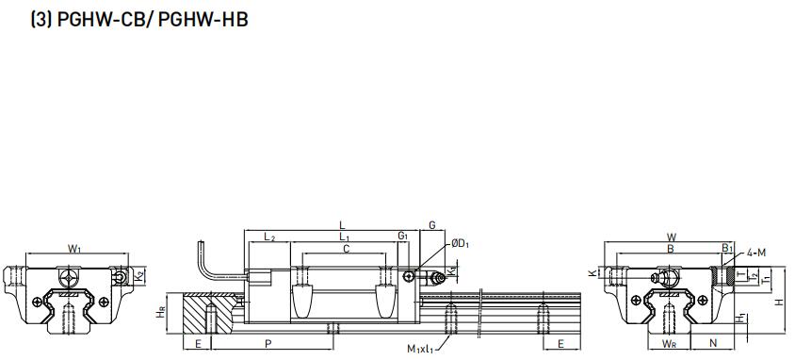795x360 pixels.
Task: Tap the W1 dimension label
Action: click(x=75, y=248)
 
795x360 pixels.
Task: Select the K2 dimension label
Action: click(x=140, y=276)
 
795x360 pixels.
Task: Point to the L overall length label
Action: click(x=342, y=224)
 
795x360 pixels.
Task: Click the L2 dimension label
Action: click(x=269, y=237)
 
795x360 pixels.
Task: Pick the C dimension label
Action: click(x=347, y=249)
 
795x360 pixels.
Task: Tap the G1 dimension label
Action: click(x=402, y=236)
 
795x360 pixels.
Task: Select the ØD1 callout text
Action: click(x=461, y=244)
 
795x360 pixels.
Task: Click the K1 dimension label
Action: click(x=452, y=271)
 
